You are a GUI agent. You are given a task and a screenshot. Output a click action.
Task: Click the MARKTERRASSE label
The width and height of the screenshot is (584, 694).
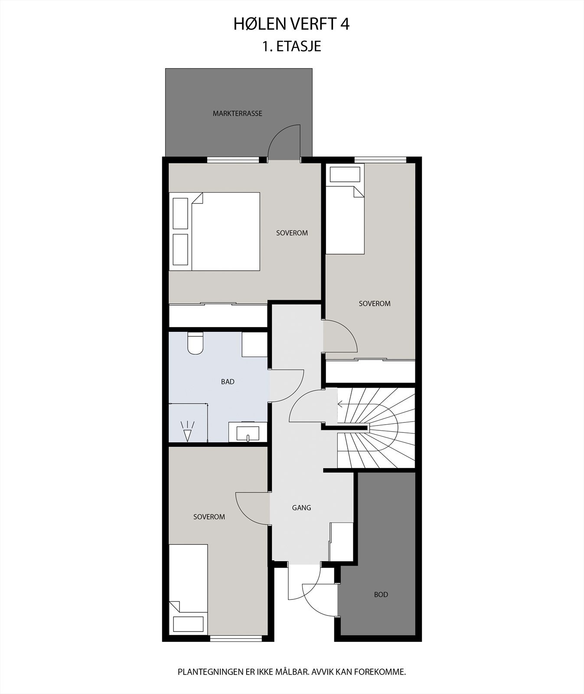[x=237, y=114]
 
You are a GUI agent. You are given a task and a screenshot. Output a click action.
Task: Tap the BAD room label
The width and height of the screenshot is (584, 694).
[x=228, y=382]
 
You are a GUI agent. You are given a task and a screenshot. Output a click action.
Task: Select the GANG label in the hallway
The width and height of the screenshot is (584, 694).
[x=301, y=507]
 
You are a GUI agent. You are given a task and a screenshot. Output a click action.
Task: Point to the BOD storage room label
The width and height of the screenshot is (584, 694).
[x=381, y=594]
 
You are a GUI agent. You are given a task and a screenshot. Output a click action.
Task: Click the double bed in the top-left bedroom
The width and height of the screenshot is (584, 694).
[x=215, y=232]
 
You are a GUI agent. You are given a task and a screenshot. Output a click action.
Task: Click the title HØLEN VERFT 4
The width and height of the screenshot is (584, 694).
[x=291, y=24]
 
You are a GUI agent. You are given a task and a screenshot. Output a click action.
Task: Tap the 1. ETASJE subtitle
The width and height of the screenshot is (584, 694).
[x=291, y=46]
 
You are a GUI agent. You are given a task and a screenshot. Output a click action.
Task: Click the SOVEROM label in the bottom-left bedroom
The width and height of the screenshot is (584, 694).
[x=209, y=517]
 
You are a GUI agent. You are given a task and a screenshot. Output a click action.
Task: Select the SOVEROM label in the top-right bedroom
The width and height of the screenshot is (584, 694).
[x=375, y=304]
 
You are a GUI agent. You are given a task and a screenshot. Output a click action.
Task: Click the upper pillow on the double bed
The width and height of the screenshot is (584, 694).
[x=180, y=213]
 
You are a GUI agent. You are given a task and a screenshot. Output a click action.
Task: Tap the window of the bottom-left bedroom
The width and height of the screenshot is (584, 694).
[x=236, y=638]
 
